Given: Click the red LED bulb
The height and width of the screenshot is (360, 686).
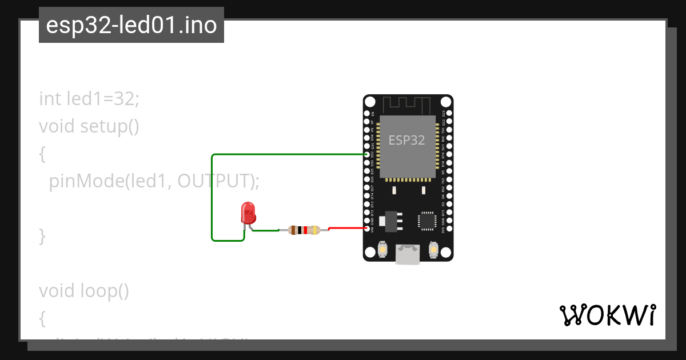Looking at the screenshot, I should [x=248, y=212].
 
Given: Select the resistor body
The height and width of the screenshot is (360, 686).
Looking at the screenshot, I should [x=303, y=230].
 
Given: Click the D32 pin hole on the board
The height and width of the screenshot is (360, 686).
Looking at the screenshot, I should [x=368, y=154].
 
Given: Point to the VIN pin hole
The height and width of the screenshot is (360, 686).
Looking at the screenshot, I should [x=368, y=228].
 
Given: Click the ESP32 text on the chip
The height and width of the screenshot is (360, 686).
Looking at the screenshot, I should [x=406, y=140].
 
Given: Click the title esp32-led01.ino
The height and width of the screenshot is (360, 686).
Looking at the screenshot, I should [x=131, y=26].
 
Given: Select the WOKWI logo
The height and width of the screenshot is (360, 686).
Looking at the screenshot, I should [x=607, y=315].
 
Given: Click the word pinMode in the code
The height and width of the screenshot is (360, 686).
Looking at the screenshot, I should [x=86, y=181].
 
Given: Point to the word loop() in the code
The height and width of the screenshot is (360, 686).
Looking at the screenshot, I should [x=103, y=291].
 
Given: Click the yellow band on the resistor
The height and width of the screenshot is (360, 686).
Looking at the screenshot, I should [x=315, y=230].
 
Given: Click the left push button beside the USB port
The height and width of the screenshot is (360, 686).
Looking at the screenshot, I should [x=382, y=250].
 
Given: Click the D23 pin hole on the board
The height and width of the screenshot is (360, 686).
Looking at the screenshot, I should [x=449, y=114].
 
